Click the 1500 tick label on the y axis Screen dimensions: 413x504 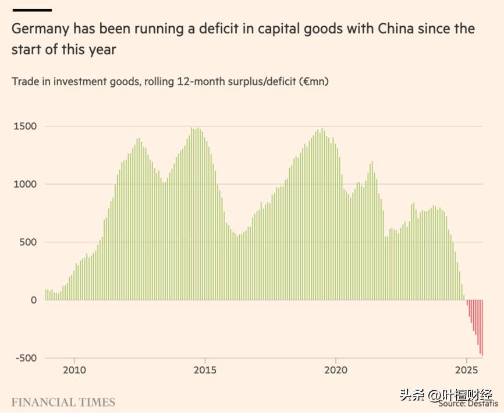25,126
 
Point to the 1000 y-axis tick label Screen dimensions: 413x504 25,184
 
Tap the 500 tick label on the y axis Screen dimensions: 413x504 28,242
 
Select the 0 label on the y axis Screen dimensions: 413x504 33,300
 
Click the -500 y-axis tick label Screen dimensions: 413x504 26,358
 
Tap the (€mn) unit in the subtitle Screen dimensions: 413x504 314,82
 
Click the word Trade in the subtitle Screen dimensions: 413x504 25,82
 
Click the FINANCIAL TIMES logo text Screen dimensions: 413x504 63,403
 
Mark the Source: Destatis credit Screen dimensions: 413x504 468,403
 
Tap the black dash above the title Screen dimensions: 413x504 31,10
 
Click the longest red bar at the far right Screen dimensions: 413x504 482,327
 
